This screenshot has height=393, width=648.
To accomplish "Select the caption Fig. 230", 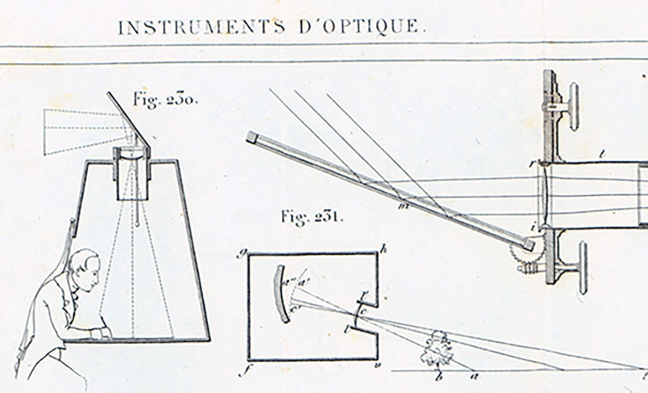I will click(x=165, y=100).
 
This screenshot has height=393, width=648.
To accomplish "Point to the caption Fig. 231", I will click(x=311, y=217).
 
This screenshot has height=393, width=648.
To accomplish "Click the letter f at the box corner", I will click(x=241, y=374).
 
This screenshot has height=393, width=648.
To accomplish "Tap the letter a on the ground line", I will click(x=474, y=375).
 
